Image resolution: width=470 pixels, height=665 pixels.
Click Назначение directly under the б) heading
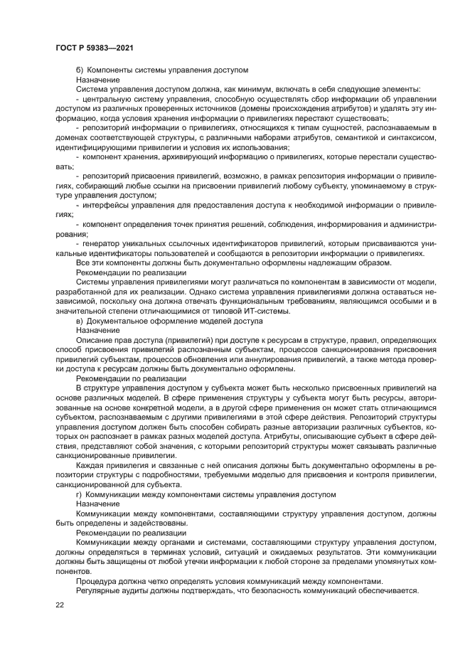coord(97,80)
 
